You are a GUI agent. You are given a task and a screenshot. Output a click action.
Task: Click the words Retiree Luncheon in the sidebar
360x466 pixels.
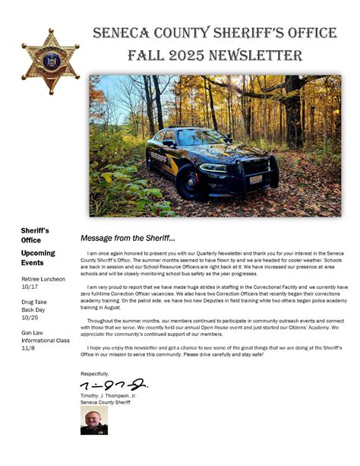coord(43,279)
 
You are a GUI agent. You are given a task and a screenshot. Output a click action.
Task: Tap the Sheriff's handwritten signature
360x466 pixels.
coord(113,386)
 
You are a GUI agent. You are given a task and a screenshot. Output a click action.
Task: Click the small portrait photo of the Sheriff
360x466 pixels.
coord(93,420)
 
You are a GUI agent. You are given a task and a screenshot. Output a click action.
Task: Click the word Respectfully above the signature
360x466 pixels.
coord(95,373)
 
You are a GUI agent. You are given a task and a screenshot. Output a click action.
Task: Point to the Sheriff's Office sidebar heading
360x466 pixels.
coord(35,235)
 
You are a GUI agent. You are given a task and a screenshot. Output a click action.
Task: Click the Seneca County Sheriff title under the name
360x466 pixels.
coord(106,402)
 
